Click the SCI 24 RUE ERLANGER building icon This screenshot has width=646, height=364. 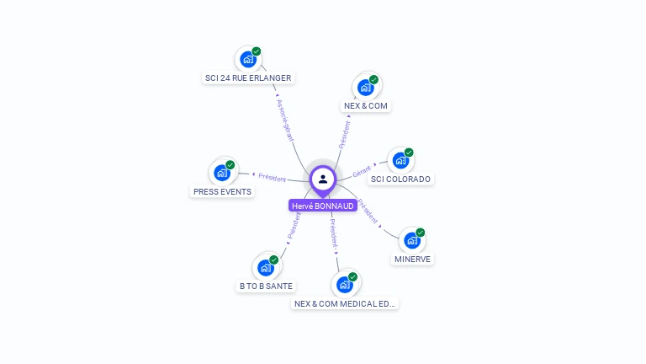tap(247, 59)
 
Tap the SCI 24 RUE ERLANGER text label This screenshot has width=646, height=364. tap(248, 78)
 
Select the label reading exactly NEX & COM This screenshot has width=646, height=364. tap(367, 106)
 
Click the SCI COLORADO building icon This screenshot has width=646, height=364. tap(400, 160)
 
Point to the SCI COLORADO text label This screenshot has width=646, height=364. tap(400, 179)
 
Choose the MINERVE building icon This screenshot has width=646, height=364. tap(411, 240)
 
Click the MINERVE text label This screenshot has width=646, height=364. tap(412, 260)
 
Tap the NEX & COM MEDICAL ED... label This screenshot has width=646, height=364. tap(345, 303)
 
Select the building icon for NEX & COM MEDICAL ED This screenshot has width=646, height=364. tap(345, 284)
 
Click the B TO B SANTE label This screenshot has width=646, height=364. tap(266, 286)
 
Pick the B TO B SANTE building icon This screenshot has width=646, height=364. tap(266, 268)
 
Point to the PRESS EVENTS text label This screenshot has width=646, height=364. tap(222, 191)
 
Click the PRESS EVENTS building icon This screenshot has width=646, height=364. tap(222, 173)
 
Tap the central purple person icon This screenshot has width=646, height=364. tap(323, 179)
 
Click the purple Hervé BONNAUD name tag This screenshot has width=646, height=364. tap(323, 206)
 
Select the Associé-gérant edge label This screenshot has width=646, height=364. tap(285, 119)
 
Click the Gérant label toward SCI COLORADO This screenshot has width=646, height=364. tap(363, 169)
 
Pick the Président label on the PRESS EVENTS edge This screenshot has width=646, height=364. tap(272, 178)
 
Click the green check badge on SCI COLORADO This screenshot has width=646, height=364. tap(409, 153)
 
